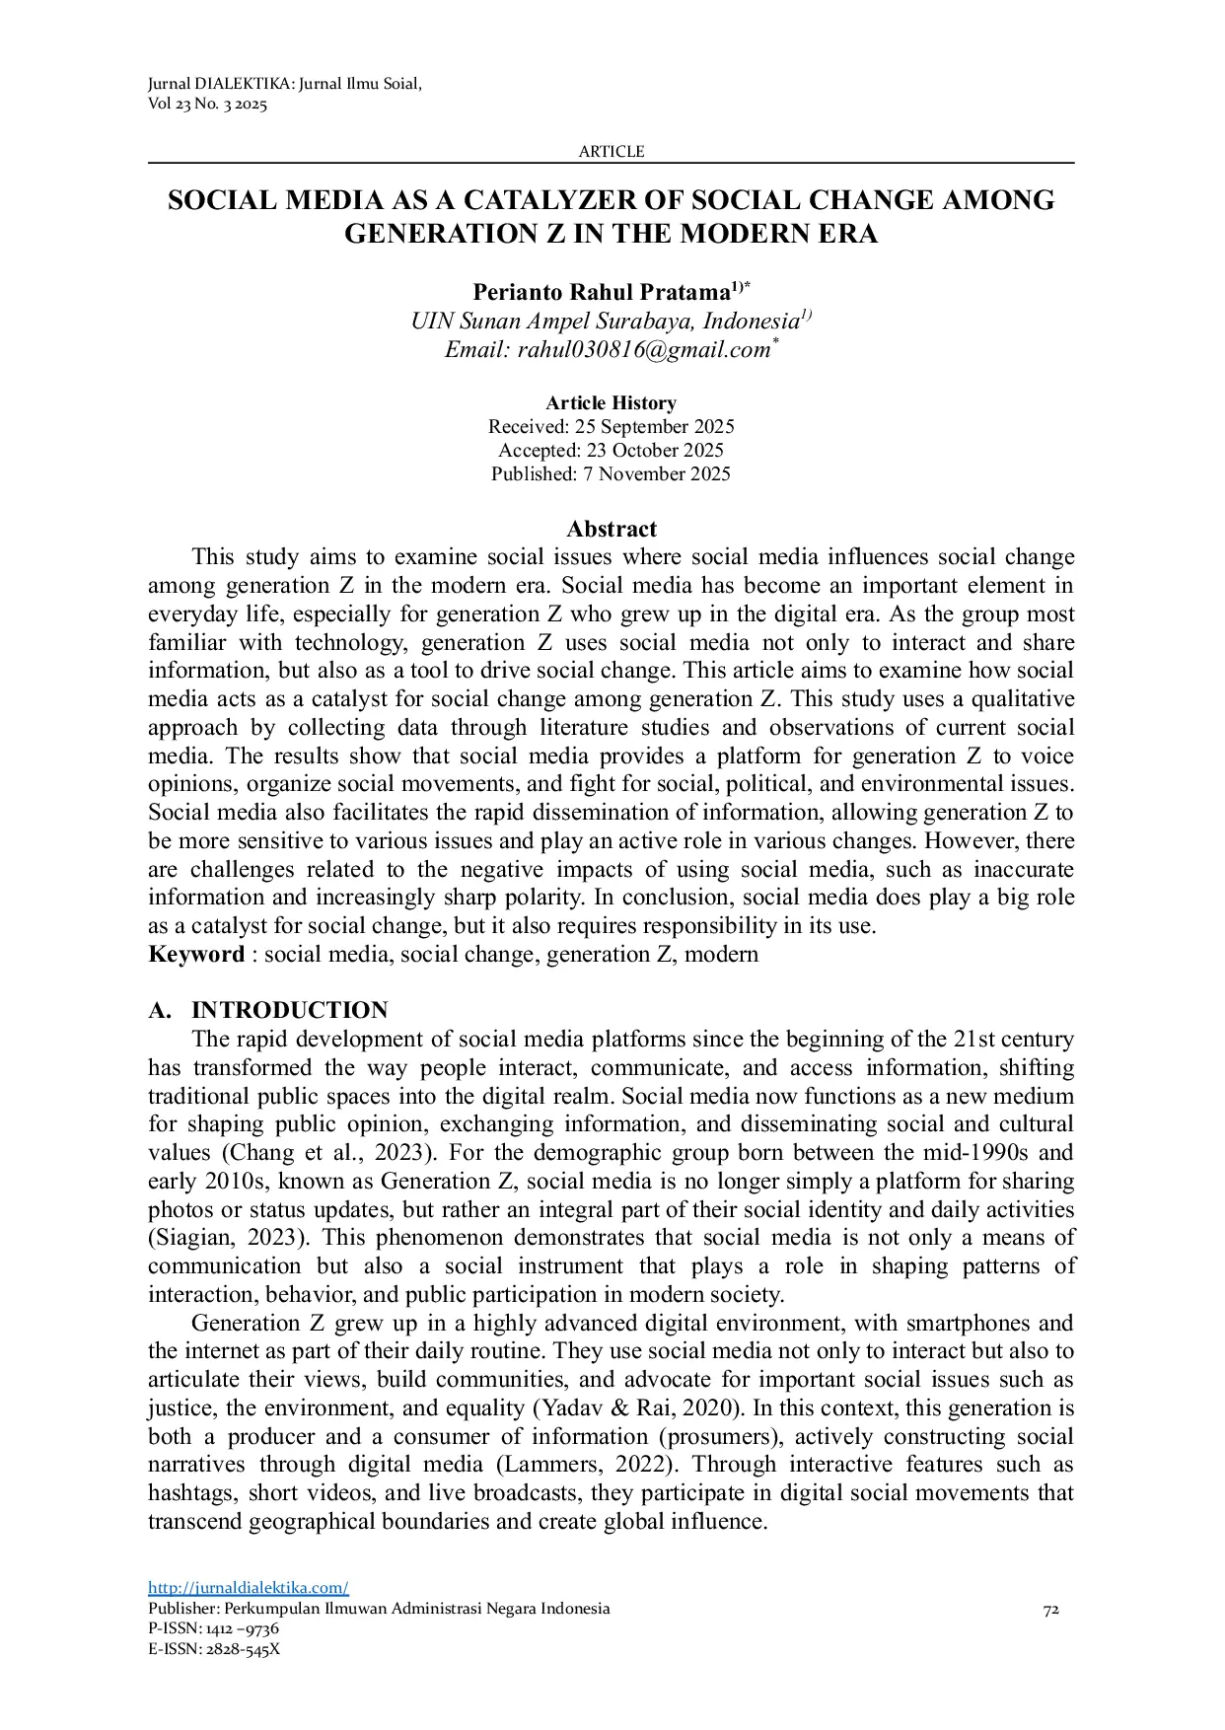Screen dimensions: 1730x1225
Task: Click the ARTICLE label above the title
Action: pos(611,152)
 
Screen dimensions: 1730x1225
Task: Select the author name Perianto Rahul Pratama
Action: pos(600,293)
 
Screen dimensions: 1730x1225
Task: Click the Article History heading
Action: pos(611,403)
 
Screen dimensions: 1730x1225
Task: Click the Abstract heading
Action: pos(611,530)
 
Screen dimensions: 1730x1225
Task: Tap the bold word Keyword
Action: pos(195,955)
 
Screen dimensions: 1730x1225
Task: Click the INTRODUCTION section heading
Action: pos(289,1011)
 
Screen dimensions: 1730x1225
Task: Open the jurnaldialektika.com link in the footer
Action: pos(248,1588)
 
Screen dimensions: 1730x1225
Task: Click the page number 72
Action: pos(1050,1610)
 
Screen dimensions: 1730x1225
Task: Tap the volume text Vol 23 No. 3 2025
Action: pos(207,105)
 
